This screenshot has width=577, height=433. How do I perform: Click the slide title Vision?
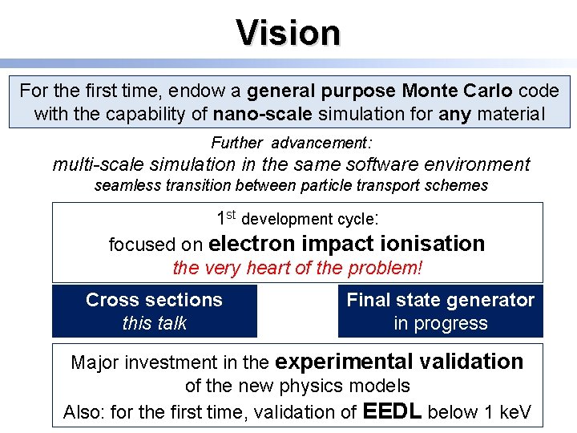click(x=288, y=33)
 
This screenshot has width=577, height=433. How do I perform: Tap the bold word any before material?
click(x=455, y=114)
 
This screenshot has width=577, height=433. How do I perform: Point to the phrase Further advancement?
click(x=291, y=143)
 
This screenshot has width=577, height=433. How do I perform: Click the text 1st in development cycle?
click(x=226, y=217)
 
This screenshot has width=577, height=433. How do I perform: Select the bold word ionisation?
click(x=433, y=244)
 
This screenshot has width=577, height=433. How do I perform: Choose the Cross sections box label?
click(x=154, y=300)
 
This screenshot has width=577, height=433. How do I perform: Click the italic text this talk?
click(x=154, y=323)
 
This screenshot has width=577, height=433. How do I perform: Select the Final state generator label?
click(x=440, y=300)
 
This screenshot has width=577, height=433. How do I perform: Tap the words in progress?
click(x=440, y=323)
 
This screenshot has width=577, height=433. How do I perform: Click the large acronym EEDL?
click(x=393, y=411)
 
